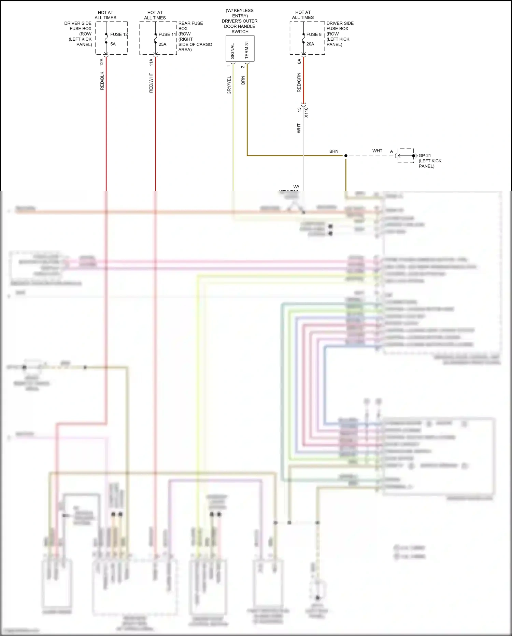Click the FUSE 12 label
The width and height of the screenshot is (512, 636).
[119, 35]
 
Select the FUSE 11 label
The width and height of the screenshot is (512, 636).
[167, 35]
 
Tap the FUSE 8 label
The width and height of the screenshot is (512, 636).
[314, 35]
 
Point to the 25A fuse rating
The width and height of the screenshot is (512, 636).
[162, 44]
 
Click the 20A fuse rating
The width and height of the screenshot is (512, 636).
[310, 44]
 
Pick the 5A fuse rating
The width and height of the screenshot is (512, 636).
[113, 44]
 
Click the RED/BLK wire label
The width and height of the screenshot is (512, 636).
[102, 81]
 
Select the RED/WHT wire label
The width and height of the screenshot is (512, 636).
[151, 83]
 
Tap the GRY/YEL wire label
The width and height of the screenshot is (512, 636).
[229, 85]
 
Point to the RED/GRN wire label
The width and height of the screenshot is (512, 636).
[299, 82]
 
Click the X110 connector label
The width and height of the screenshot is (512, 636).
[306, 112]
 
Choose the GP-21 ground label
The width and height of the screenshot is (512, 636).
[425, 155]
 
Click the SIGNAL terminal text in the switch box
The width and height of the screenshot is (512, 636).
[233, 51]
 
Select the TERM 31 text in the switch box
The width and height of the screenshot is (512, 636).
[247, 50]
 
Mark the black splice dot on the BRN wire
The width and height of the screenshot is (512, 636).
[346, 156]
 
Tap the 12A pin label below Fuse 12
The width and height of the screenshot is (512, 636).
[102, 62]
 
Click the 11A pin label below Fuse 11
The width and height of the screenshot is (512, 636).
[151, 62]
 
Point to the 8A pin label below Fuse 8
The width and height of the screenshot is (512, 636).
[299, 61]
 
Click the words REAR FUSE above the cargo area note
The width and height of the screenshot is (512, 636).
[190, 23]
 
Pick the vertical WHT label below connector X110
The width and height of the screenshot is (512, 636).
[299, 128]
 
